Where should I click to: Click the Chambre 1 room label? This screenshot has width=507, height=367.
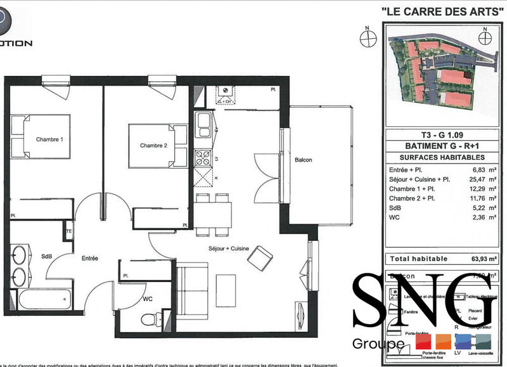pyautogui.click(x=49, y=139)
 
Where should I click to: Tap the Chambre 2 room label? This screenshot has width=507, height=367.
pyautogui.click(x=153, y=145)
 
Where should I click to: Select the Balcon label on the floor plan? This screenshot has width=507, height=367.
pyautogui.click(x=303, y=160)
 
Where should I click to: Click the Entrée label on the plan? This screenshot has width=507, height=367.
pyautogui.click(x=89, y=259)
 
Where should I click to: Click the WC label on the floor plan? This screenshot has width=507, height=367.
pyautogui.click(x=148, y=298)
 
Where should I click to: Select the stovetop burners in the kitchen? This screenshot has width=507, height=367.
pyautogui.click(x=204, y=155)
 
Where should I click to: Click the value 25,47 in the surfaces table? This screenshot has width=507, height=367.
pyautogui.click(x=468, y=180)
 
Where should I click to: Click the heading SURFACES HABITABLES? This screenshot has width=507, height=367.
pyautogui.click(x=437, y=157)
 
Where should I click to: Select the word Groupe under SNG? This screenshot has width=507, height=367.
pyautogui.click(x=378, y=344)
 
